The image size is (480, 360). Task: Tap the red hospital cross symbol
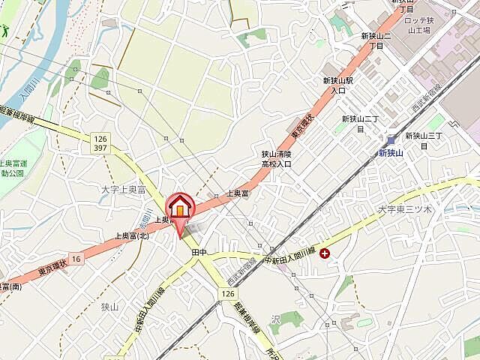click(x=324, y=253)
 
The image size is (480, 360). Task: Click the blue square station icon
click(x=391, y=139)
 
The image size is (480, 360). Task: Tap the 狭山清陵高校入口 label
click(x=276, y=158)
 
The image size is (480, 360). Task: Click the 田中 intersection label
click(x=199, y=253)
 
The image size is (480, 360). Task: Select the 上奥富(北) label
click(x=132, y=235)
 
